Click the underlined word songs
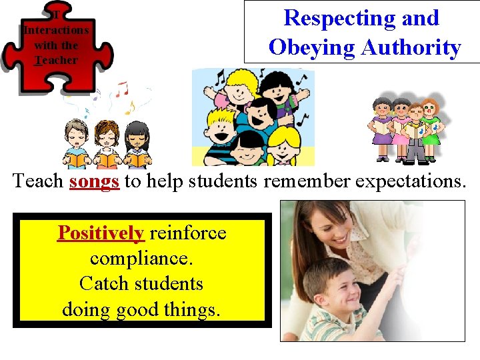[x=94, y=181]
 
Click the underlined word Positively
[x=101, y=233]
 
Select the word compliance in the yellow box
[x=139, y=258]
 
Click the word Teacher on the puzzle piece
[x=56, y=60]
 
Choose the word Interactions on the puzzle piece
[x=56, y=31]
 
